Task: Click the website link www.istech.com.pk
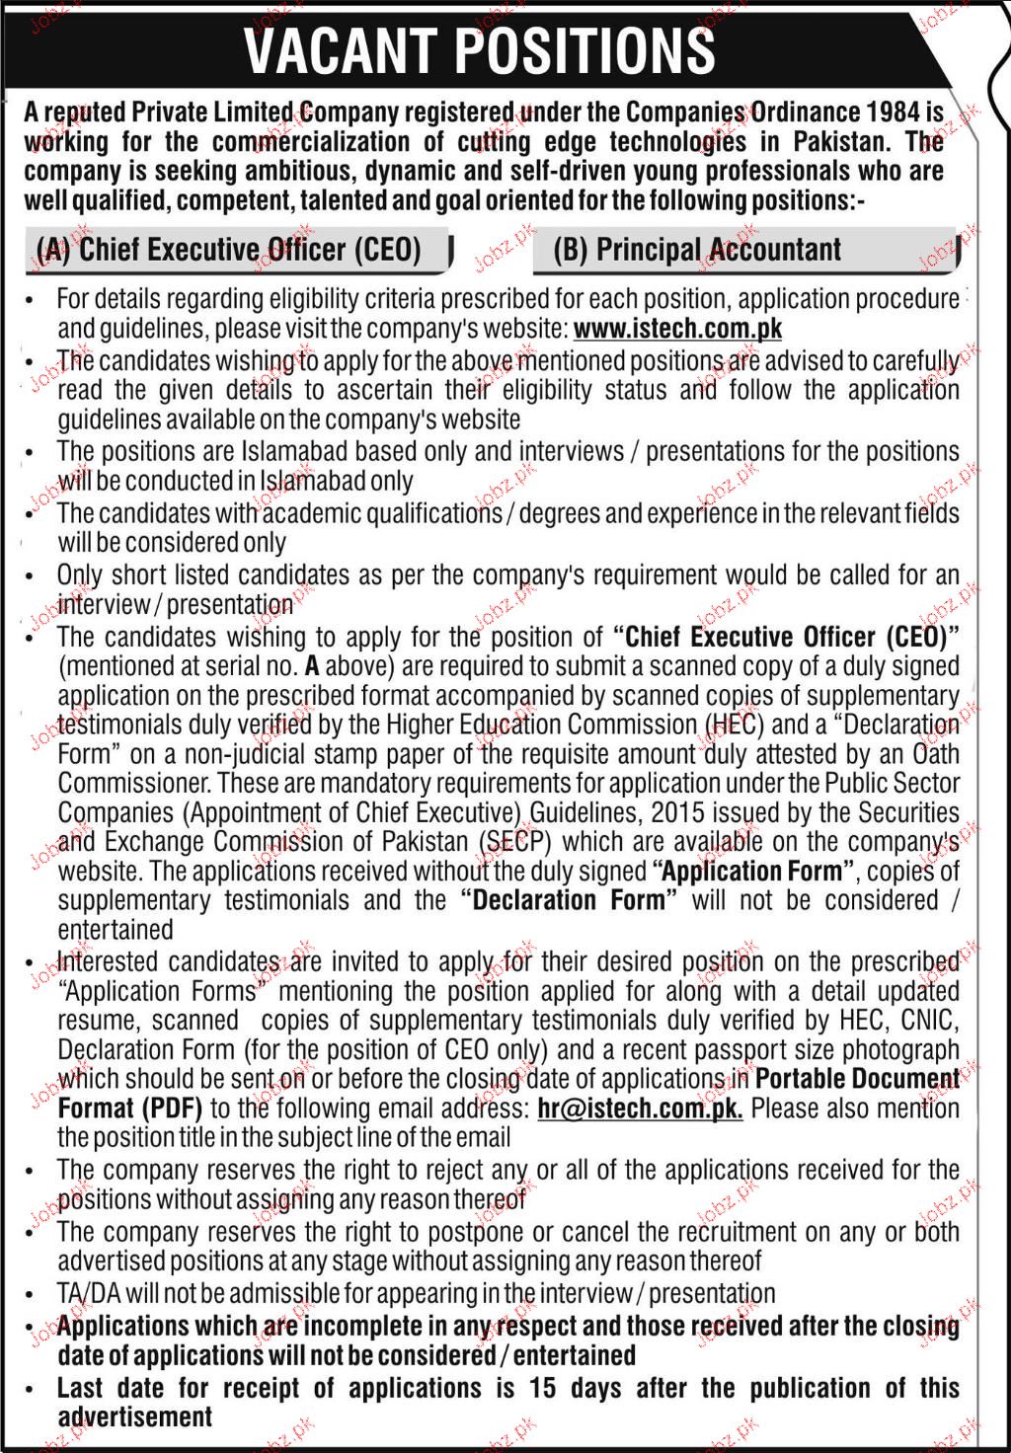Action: (x=677, y=328)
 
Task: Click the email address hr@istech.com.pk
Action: (x=640, y=1108)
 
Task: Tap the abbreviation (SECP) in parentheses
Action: (x=511, y=842)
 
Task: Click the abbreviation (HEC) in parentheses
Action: (x=733, y=725)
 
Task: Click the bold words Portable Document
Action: (x=857, y=1078)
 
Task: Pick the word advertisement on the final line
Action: (x=135, y=1416)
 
